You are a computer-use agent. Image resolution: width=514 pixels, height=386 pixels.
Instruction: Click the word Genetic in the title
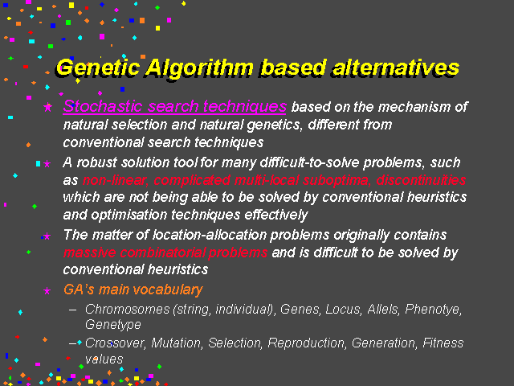click(x=98, y=68)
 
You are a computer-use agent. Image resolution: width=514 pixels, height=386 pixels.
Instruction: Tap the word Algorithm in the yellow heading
click(x=200, y=68)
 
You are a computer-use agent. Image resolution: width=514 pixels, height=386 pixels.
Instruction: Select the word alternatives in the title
click(x=396, y=68)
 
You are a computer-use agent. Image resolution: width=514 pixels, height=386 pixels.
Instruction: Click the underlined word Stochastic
click(x=103, y=106)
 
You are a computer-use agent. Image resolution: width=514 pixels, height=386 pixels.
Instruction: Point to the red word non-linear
click(x=115, y=180)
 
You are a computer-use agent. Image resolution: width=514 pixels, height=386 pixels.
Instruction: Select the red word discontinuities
click(x=421, y=180)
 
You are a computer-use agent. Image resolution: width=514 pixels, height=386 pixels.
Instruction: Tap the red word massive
click(x=89, y=253)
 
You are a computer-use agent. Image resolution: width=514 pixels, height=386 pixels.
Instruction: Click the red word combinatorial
click(x=162, y=253)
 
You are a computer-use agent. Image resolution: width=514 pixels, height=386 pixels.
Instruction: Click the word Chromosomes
click(x=127, y=309)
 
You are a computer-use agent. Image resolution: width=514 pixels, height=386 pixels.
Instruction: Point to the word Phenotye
click(x=434, y=309)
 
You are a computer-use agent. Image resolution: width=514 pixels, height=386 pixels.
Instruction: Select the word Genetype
click(x=113, y=324)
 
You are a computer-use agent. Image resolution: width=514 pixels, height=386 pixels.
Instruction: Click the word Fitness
click(x=443, y=343)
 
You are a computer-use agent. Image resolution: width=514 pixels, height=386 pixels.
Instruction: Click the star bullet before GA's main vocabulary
click(x=47, y=290)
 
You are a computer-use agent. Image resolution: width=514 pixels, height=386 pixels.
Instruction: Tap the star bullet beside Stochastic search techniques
click(x=48, y=107)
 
